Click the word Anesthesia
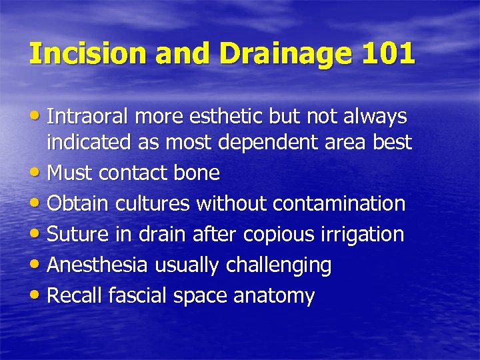(99, 265)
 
